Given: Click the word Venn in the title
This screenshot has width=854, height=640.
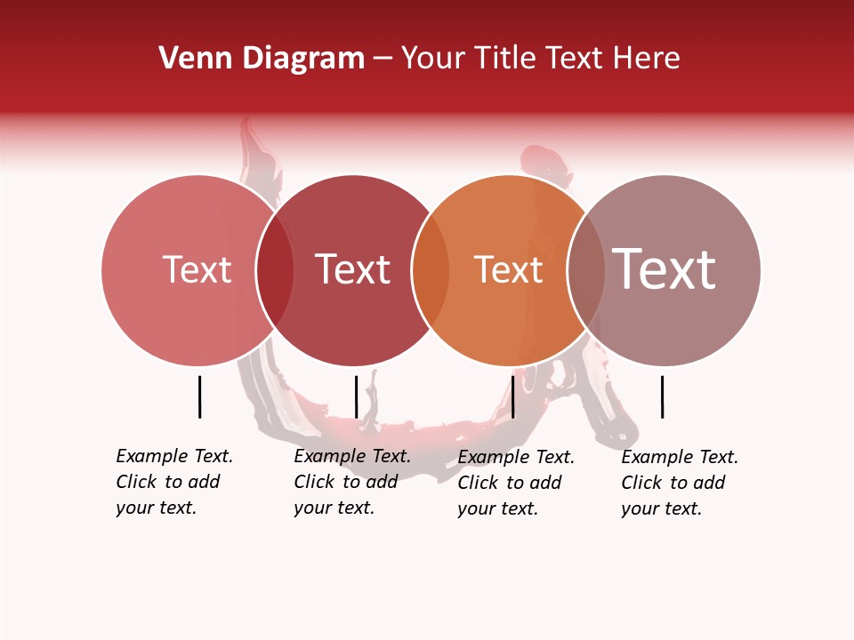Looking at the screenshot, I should pos(189,59).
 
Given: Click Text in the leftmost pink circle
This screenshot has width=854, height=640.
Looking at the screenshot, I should pos(197,269).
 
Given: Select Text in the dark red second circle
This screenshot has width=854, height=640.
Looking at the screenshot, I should pos(352,269).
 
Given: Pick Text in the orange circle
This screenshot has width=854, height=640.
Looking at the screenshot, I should pos(508,269).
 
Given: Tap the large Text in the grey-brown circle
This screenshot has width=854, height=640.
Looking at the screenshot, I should pos(665,269).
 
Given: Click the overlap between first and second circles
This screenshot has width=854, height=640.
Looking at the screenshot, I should pos(275,270).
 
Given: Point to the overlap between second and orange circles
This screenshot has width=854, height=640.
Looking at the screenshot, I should pos(431,270).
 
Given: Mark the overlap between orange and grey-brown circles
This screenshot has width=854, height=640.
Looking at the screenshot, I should pos(586,270).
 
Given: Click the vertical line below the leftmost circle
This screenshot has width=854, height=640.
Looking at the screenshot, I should pos(199,396).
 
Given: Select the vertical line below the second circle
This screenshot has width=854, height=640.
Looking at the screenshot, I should pos(356,396).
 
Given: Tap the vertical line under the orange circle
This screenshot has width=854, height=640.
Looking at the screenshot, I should pos(512,396).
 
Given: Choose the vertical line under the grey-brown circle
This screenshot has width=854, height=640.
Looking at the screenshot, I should pos(662,396).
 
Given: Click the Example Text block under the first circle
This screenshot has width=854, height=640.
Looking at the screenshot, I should pos(174,482).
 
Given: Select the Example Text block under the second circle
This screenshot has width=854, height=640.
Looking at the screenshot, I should pos(352,482).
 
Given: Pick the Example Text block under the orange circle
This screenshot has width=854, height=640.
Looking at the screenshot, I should pos(516,483).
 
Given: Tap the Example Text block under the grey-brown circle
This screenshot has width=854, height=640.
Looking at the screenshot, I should pos(680,483).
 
